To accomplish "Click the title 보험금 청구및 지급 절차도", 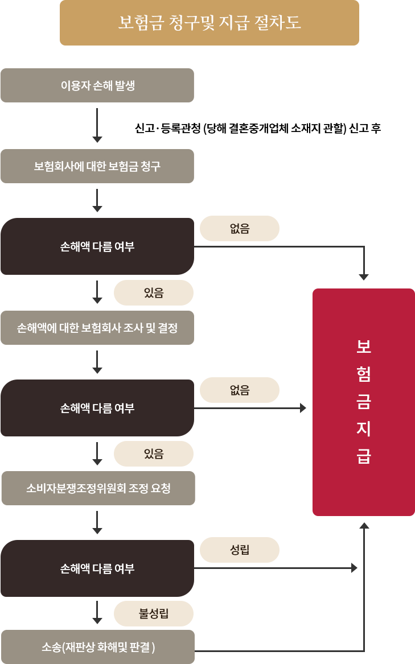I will coord(209,23).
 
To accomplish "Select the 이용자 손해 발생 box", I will coord(97,85).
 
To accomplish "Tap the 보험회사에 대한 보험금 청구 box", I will coord(97,166).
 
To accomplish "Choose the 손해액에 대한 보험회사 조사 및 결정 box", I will coord(97,328).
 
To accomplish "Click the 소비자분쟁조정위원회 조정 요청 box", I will coord(98,488).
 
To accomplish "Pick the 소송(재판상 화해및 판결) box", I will coord(98,646).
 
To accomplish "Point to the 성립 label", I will coord(240,550).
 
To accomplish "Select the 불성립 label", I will coord(154,613).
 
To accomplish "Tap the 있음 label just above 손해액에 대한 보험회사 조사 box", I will coord(154,292).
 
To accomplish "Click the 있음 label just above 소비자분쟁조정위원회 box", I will coord(154,453).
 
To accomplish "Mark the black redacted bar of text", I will coord(258,129).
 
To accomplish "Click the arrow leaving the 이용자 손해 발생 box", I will coord(97,125).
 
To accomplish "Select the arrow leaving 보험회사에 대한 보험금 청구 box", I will coord(97,200).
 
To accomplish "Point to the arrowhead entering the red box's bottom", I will coord(364,525).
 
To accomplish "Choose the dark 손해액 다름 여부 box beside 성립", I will coord(97,568).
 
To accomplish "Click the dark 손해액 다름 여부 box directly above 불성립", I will coord(97,568).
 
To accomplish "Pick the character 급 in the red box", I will coord(364,456).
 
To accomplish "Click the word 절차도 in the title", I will coord(278,23).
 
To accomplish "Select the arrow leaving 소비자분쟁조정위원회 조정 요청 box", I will coord(97,522).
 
